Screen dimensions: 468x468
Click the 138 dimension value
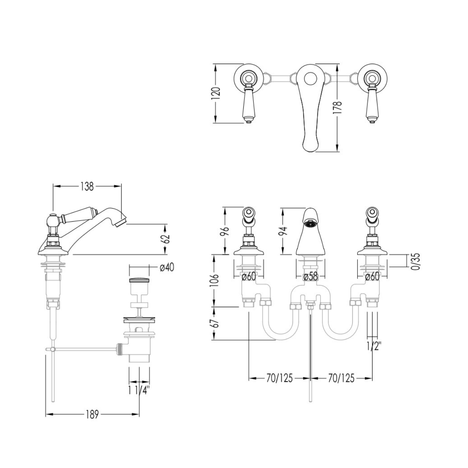click(87, 186)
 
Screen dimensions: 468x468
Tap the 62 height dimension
click(166, 239)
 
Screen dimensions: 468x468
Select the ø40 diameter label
click(167, 267)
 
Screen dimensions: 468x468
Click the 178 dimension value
click(338, 107)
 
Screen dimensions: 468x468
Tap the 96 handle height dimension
click(226, 232)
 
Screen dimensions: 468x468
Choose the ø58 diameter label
click(311, 277)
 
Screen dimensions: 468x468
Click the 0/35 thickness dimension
click(416, 262)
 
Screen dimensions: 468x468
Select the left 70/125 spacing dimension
click(280, 378)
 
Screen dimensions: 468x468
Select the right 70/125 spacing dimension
click(341, 378)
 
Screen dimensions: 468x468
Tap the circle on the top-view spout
click(311, 79)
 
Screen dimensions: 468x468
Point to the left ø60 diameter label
click(249, 277)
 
